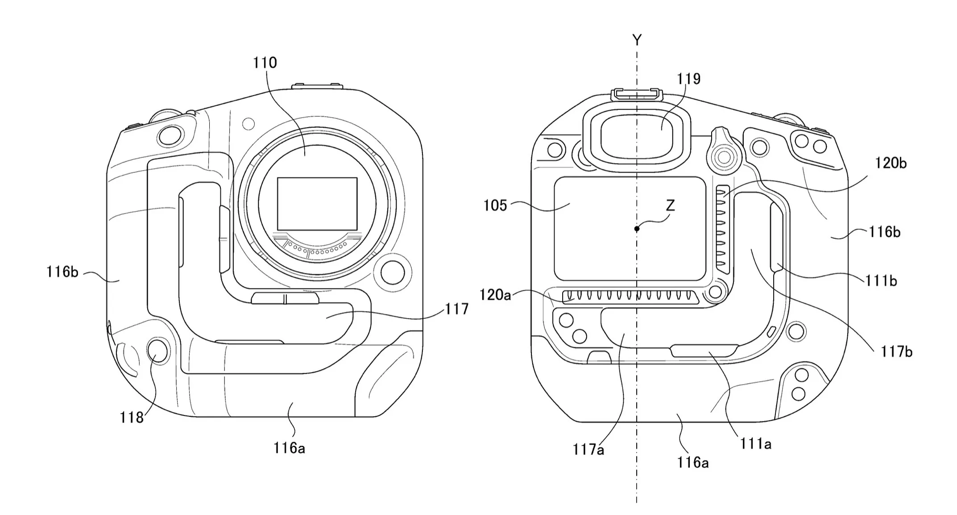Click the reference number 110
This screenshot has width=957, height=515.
coord(265,63)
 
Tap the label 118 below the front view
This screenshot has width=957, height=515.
coord(132,418)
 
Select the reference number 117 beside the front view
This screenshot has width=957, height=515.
coord(456,309)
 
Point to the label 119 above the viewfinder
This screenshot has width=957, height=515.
coord(689,79)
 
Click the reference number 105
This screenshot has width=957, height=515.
coord(495,205)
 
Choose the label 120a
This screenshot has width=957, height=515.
coord(495,295)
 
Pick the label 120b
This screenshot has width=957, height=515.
coord(891,163)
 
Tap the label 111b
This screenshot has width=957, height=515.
coord(881,281)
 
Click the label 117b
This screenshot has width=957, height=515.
coord(896,352)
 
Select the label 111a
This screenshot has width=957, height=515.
coord(756,444)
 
